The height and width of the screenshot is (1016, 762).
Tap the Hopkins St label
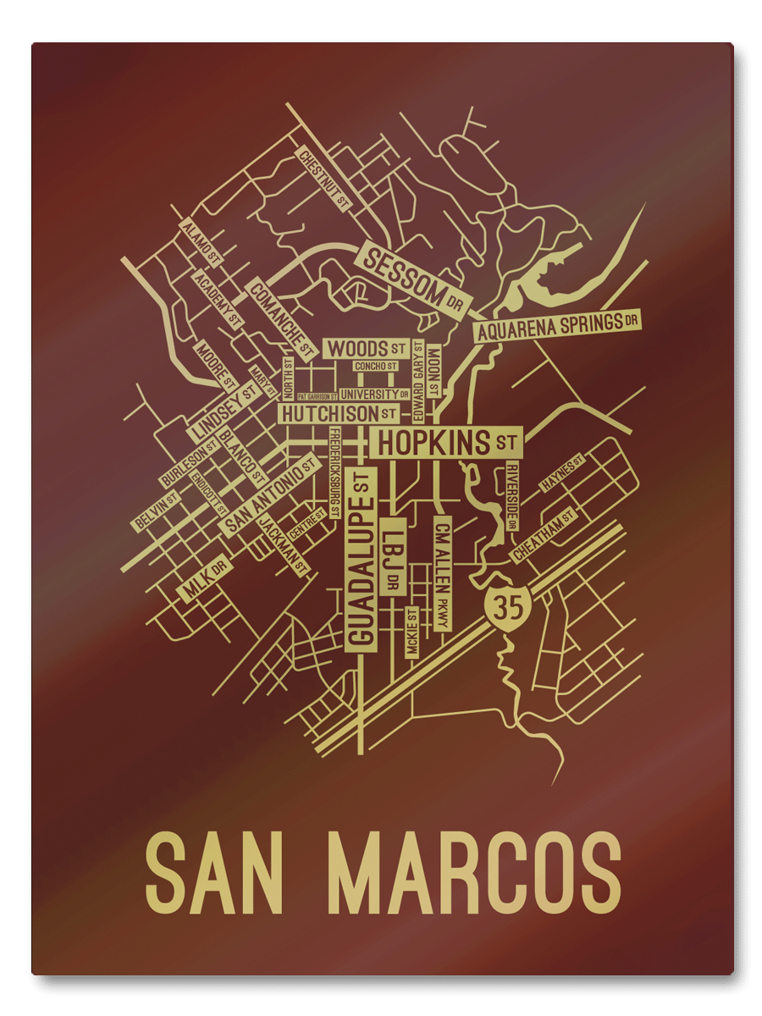pyautogui.click(x=445, y=442)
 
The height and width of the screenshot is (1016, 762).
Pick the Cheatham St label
pyautogui.click(x=544, y=535)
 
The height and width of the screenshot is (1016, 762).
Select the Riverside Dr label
pyautogui.click(x=511, y=495)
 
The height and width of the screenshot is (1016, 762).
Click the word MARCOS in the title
pyautogui.click(x=474, y=872)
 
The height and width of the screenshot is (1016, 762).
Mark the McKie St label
pyautogui.click(x=412, y=632)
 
